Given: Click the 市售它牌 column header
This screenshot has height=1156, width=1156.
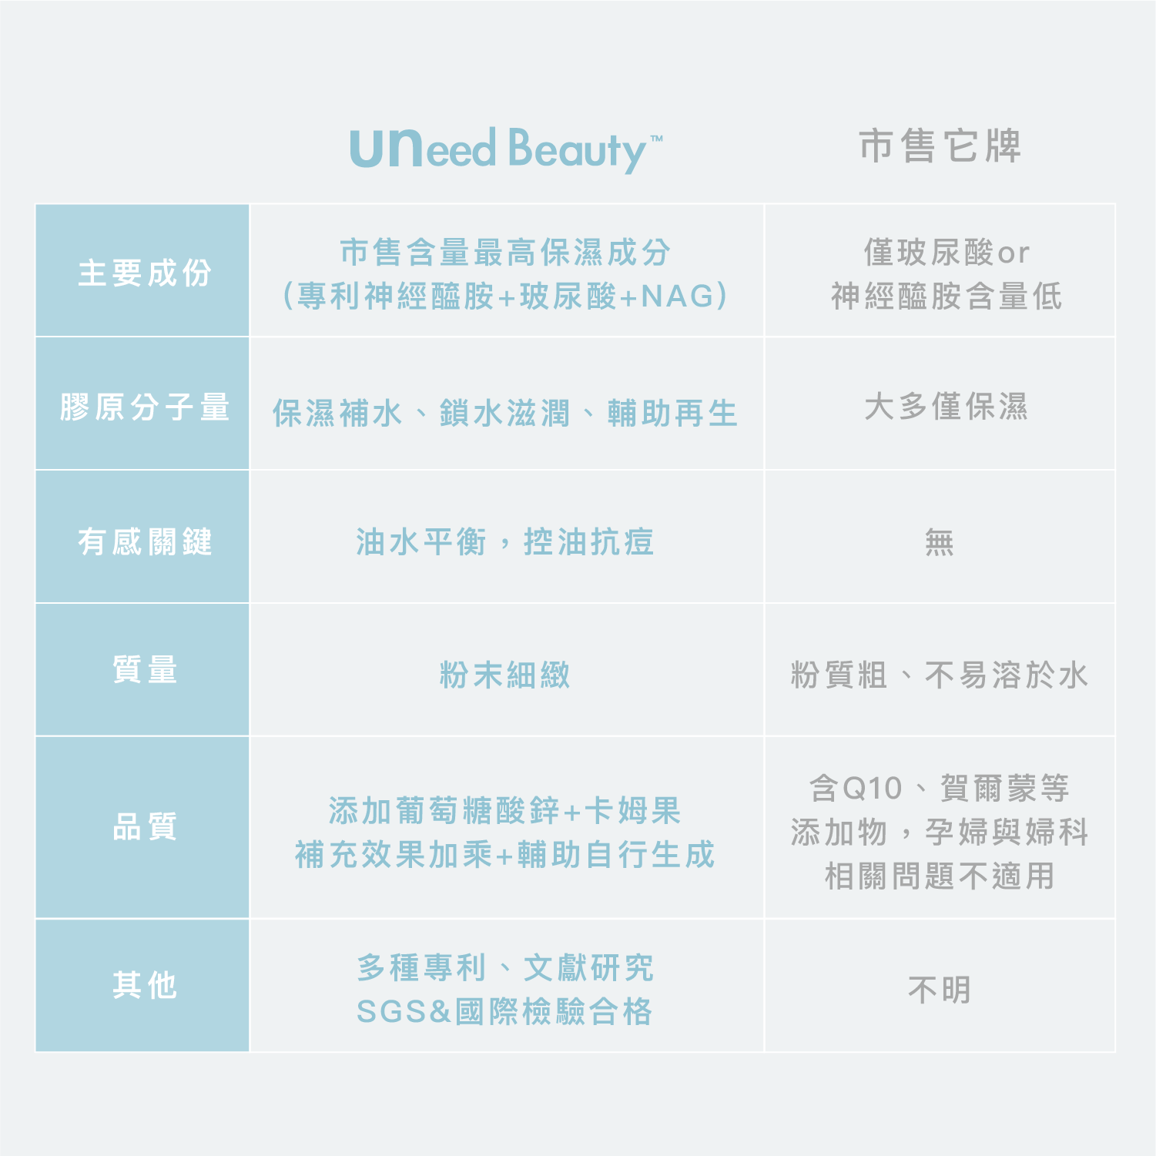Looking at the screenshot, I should pos(940,146).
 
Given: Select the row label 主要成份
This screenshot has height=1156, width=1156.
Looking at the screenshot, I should pos(144,273).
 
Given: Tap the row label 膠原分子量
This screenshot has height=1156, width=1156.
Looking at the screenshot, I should pos(144,407).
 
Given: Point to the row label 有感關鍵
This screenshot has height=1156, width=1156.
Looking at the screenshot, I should pos(144,541).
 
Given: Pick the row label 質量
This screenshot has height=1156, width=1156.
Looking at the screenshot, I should pos(144,669).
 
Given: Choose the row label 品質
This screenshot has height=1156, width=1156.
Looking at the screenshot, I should pos(144,827).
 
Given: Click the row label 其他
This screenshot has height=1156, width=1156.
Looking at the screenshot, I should pos(144,985).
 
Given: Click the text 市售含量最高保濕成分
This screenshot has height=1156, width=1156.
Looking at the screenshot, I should pos(505,252).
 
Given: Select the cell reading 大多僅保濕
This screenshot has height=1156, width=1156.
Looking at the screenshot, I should pos(945,407).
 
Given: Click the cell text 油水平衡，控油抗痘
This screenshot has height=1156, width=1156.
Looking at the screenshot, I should pos(505,541).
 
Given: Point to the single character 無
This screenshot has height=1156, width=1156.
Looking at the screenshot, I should pos(939,542).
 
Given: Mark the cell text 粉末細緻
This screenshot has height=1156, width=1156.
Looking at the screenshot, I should pos(505,675).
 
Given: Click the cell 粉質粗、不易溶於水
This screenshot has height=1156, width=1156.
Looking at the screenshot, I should pos(939,675).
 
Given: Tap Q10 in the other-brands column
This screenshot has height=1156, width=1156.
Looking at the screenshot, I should pos(872,789).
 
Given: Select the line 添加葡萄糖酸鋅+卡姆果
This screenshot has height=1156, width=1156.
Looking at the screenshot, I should pos(505,811).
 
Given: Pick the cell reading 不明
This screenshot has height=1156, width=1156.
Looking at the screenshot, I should pos(939,990).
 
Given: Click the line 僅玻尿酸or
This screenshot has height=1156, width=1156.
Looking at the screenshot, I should pos(946,252).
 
